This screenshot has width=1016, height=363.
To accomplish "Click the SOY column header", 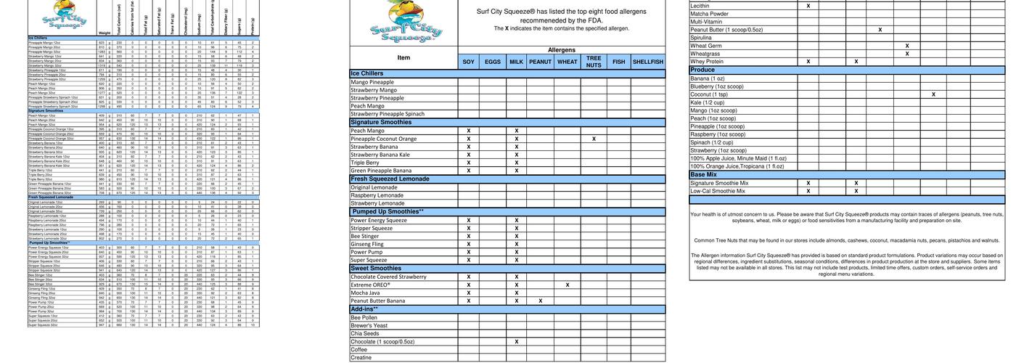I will pyautogui.click(x=469, y=62).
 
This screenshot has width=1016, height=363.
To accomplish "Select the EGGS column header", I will pyautogui.click(x=493, y=62).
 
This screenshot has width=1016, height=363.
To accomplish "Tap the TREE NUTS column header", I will pyautogui.click(x=594, y=62).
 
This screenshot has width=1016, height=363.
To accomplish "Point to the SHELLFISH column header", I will pyautogui.click(x=647, y=62).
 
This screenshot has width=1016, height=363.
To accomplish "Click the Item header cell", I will pyautogui.click(x=403, y=58).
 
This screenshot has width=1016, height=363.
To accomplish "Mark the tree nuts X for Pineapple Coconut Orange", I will pyautogui.click(x=594, y=139).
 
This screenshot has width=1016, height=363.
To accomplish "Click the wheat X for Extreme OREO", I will pyautogui.click(x=567, y=285).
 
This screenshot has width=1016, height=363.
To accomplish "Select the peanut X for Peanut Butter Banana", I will pyautogui.click(x=540, y=301).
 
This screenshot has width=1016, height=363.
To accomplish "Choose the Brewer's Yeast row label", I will pyautogui.click(x=369, y=326).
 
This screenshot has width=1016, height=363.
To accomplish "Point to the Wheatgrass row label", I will pyautogui.click(x=705, y=54).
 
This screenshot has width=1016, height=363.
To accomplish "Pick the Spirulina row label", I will pyautogui.click(x=701, y=38).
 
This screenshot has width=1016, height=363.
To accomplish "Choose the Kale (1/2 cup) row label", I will pyautogui.click(x=708, y=102).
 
